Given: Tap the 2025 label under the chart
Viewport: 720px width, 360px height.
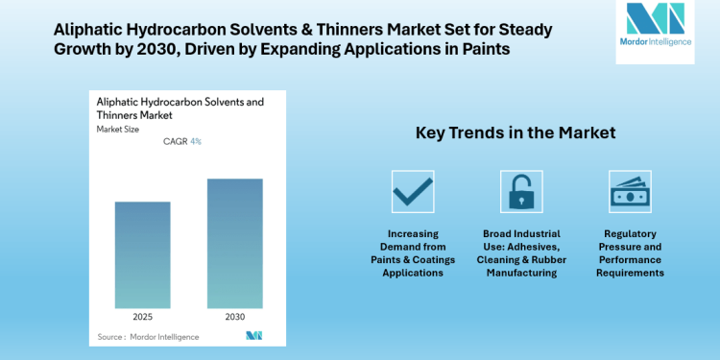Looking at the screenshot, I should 142,314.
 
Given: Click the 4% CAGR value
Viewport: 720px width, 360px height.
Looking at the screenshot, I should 196,142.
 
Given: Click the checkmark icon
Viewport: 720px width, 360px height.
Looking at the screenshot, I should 412,191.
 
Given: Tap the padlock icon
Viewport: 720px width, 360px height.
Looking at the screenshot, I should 522,191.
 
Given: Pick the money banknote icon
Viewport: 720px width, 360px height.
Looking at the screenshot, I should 632,191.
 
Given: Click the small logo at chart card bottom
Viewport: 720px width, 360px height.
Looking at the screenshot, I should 253,335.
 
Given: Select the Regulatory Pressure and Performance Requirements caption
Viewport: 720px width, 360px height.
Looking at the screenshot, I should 632,252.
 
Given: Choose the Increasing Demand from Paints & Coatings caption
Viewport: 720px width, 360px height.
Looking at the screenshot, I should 412,252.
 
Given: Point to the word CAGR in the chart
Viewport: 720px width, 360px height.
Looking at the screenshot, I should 175,142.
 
